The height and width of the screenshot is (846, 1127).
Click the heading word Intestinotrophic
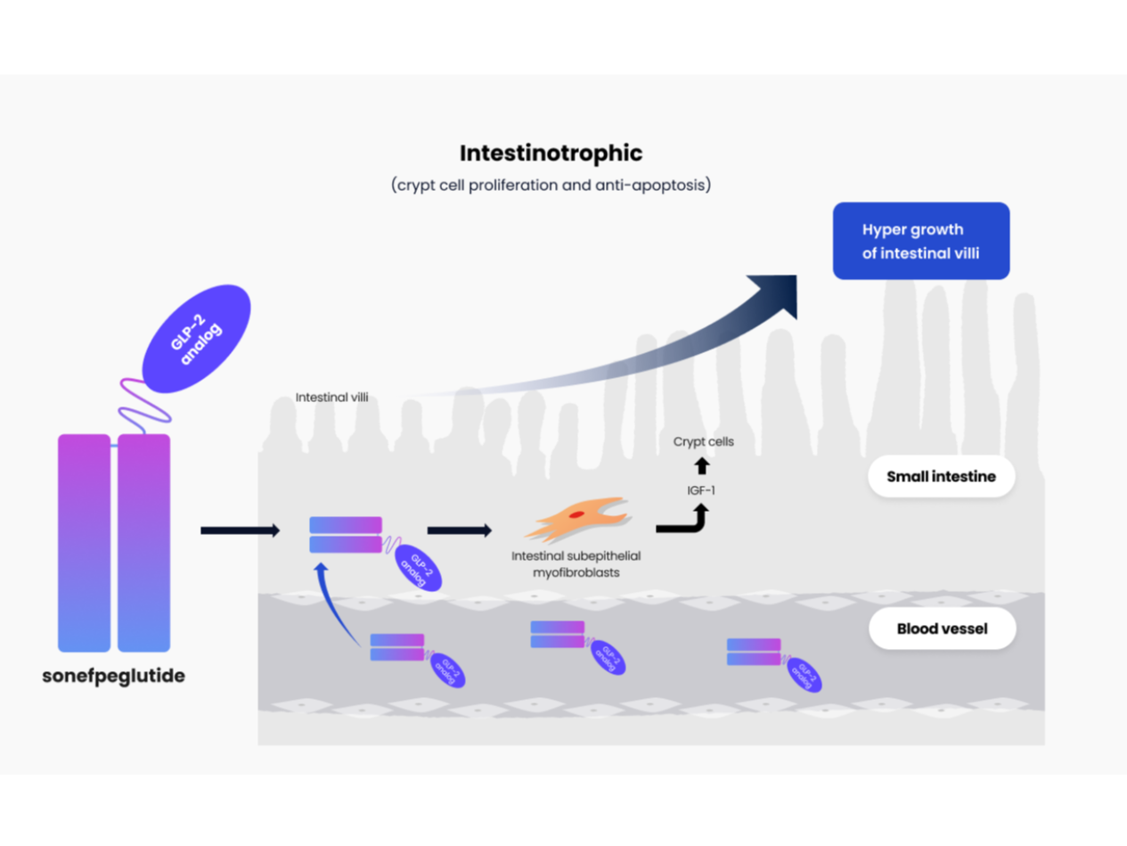click(x=551, y=153)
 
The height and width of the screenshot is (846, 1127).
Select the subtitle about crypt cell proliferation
click(x=551, y=185)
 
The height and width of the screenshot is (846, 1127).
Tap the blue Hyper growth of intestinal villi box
click(x=920, y=241)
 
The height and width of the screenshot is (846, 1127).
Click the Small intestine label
click(x=941, y=477)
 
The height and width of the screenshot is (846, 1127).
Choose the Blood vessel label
click(x=942, y=628)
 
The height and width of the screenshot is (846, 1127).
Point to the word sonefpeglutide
click(x=114, y=676)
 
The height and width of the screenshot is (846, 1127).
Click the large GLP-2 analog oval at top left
click(x=197, y=339)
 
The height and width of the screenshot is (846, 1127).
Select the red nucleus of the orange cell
click(x=577, y=514)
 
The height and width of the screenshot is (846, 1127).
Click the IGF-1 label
click(x=701, y=490)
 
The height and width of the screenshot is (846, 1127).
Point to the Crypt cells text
click(x=703, y=441)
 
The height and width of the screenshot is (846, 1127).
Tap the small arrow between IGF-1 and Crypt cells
click(x=702, y=465)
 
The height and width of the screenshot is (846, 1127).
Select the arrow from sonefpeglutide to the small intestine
click(x=240, y=530)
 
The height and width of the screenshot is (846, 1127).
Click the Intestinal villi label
click(x=331, y=397)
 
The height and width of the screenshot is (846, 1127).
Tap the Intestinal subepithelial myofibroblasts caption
click(x=576, y=563)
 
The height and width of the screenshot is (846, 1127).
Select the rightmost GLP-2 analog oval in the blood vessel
click(x=804, y=677)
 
